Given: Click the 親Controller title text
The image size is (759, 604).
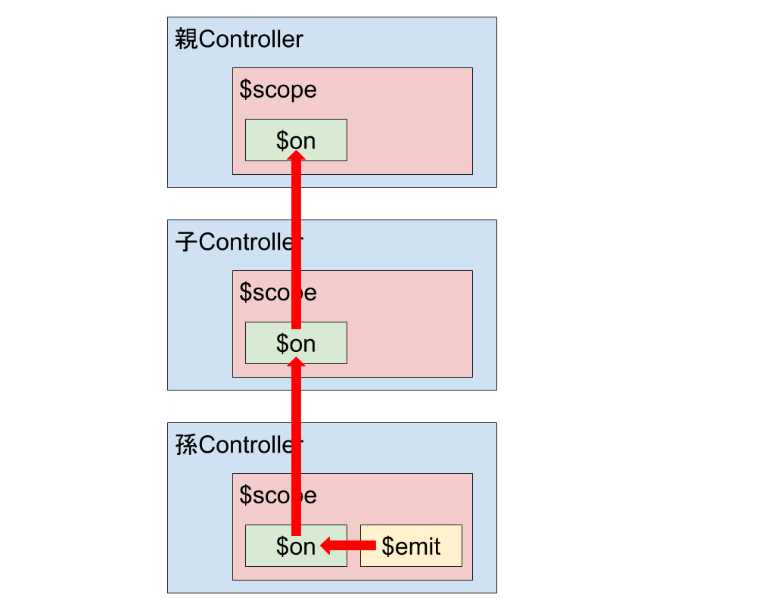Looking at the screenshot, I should [238, 39].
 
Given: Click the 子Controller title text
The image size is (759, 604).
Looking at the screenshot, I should [238, 242].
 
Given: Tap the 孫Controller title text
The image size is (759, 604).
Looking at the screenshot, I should [238, 445].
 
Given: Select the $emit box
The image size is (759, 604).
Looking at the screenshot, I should [411, 546].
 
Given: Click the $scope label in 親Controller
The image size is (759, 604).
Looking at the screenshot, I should [278, 89].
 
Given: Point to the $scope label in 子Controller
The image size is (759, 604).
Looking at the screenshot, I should [278, 292].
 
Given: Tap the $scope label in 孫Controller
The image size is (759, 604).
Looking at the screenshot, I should [278, 495].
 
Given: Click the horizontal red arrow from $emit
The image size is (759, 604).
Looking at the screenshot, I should [352, 546].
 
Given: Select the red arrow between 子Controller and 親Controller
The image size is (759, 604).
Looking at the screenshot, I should [297, 242].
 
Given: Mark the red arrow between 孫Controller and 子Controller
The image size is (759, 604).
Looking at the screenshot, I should [297, 447].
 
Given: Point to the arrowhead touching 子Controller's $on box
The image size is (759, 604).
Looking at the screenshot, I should [297, 363].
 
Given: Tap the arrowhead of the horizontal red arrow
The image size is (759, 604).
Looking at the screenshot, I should [328, 546].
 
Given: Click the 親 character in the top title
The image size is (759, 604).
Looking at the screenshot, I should [185, 39].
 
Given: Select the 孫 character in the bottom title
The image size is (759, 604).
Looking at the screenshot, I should [185, 445].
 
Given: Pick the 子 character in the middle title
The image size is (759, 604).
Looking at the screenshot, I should [185, 242].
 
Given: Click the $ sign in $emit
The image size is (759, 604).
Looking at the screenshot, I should [388, 546].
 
